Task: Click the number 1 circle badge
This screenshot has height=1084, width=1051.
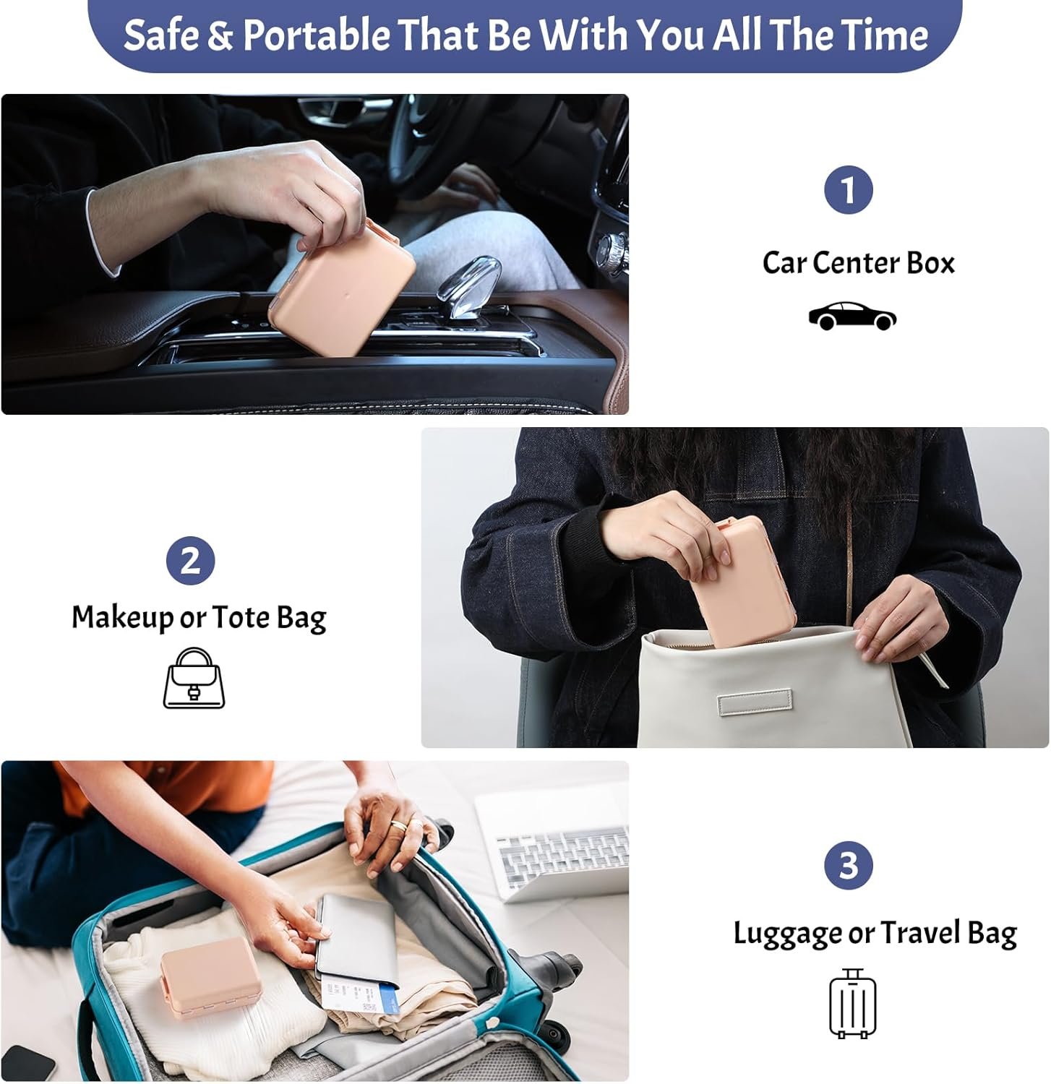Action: click(848, 190)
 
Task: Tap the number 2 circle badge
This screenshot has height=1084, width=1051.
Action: click(190, 560)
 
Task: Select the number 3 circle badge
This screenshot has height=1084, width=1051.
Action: click(848, 865)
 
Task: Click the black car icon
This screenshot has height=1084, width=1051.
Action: click(852, 316)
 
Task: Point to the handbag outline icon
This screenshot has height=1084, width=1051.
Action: click(194, 678)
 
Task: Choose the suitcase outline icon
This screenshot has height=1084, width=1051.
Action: click(852, 1003)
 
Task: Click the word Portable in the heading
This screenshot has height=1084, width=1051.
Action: click(316, 34)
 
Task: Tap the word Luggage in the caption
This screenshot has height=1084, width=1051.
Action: click(787, 934)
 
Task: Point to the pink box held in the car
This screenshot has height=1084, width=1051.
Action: click(341, 288)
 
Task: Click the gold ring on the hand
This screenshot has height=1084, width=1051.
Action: click(398, 825)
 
